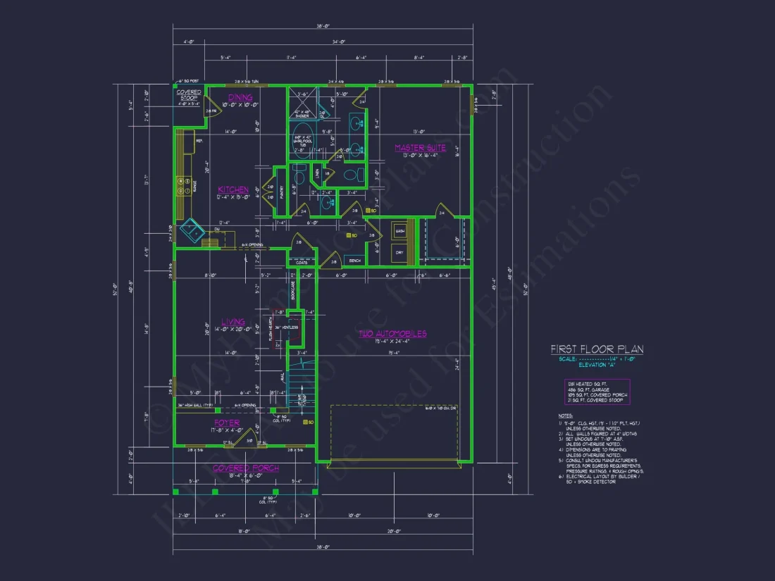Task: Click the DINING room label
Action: point(240,97)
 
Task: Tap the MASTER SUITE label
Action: point(420,148)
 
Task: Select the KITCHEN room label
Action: point(232,190)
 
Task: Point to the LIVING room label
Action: point(232,323)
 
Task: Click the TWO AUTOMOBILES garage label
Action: point(392,334)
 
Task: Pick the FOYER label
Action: point(226,423)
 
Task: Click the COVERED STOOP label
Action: point(188,95)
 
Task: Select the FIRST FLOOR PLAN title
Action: point(597,349)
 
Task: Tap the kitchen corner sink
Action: point(190,230)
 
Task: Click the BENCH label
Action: point(354,261)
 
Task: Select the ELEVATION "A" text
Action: point(596,366)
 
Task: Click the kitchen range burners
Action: point(181,187)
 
